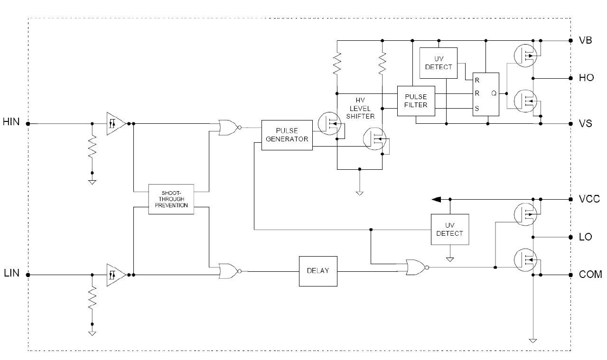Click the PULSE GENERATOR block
pyautogui.click(x=287, y=135)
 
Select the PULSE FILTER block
pyautogui.click(x=415, y=101)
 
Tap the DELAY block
pyautogui.click(x=318, y=271)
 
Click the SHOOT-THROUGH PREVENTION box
pyautogui.click(x=171, y=199)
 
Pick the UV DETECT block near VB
pyautogui.click(x=439, y=63)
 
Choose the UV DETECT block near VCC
pyautogui.click(x=449, y=230)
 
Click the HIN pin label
pyautogui.click(x=11, y=122)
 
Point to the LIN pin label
pyautogui.click(x=11, y=274)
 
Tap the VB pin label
pyautogui.click(x=585, y=40)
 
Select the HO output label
pyautogui.click(x=586, y=78)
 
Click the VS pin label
pyautogui.click(x=586, y=123)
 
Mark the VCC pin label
pyautogui.click(x=589, y=199)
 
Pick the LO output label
pyautogui.click(x=586, y=237)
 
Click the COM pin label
pyautogui.click(x=590, y=275)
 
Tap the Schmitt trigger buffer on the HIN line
pyautogui.click(x=116, y=124)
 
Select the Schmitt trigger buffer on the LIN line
pyautogui.click(x=116, y=275)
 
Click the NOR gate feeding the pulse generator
pyautogui.click(x=229, y=128)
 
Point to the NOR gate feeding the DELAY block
pyautogui.click(x=229, y=271)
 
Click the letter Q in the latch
pyautogui.click(x=494, y=94)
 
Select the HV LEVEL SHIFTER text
pyautogui.click(x=365, y=109)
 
